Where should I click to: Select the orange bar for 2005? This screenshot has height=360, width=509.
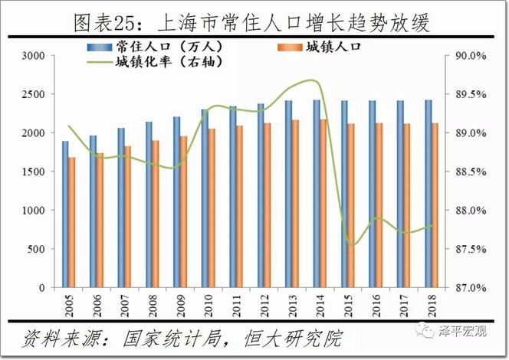click(72, 222)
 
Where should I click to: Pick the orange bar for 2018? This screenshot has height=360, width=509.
click(435, 205)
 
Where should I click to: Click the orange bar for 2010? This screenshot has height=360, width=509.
click(212, 208)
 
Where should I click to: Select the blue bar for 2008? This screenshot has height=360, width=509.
click(149, 205)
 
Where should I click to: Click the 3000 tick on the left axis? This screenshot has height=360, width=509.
click(34, 56)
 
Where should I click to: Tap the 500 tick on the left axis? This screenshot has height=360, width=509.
click(38, 249)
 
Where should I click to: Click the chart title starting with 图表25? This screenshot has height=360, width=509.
click(253, 21)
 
